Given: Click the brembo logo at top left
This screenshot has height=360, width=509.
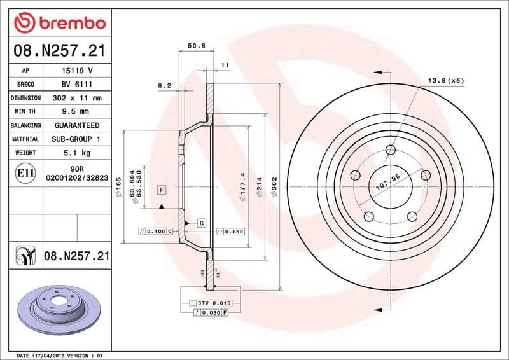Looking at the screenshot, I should click(59, 23).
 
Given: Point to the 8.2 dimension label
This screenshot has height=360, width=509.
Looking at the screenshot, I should click(164, 84).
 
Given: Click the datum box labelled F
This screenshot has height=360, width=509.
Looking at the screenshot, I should click(162, 190).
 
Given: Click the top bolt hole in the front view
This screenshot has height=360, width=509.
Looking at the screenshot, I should click(391, 149).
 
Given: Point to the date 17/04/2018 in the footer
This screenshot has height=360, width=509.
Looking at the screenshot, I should click(52, 355).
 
